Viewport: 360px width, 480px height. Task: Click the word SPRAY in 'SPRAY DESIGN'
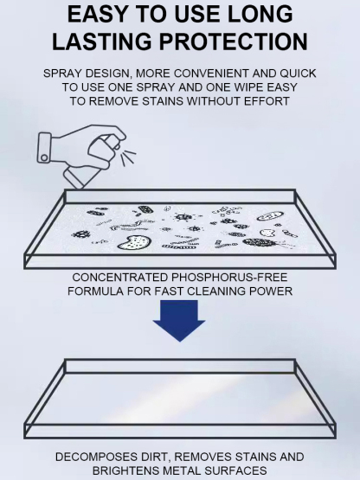click(64, 74)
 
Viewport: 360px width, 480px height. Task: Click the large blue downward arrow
click(179, 321)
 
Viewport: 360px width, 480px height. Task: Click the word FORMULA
click(94, 291)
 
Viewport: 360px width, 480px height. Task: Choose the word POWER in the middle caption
click(270, 291)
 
